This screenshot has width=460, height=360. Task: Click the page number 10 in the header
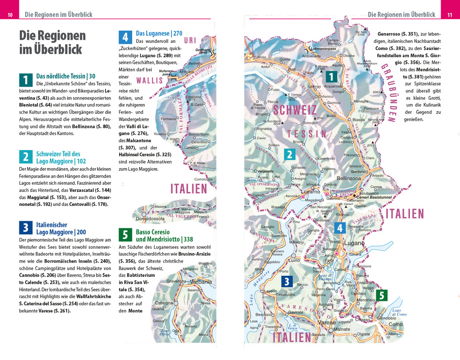pyautogui.click(x=10, y=15)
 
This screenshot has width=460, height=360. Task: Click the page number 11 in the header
pyautogui.click(x=449, y=15)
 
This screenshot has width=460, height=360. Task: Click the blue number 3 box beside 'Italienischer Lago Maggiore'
pyautogui.click(x=26, y=228)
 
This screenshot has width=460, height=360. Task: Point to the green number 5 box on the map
pyautogui.click(x=382, y=296)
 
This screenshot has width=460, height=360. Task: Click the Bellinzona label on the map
pyautogui.click(x=349, y=178)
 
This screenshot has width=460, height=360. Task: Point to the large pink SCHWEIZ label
pyautogui.click(x=294, y=110)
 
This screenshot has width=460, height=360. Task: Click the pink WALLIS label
pyautogui.click(x=150, y=81)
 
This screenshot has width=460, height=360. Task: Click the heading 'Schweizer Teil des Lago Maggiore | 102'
pyautogui.click(x=60, y=157)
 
